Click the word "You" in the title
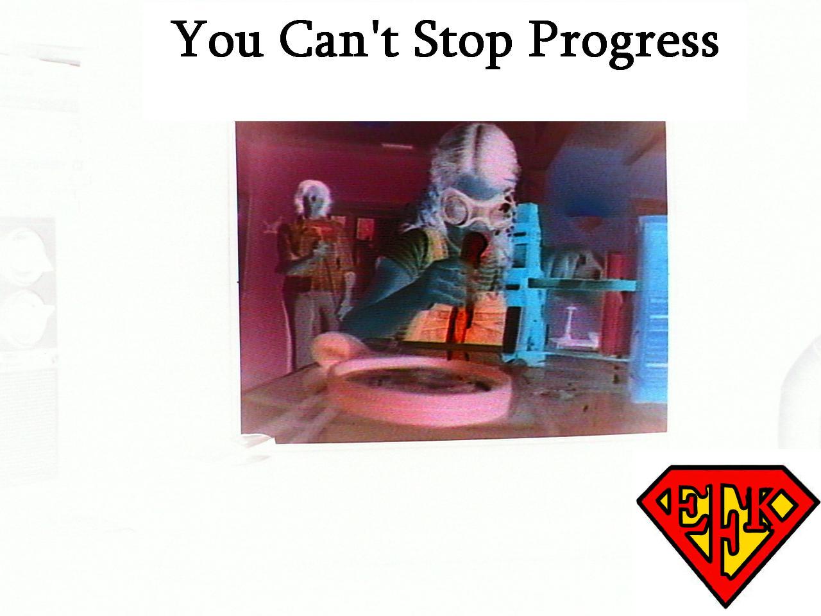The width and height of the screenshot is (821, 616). pyautogui.click(x=217, y=40)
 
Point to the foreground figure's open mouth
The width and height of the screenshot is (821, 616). pyautogui.click(x=474, y=249)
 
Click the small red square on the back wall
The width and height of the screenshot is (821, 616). pyautogui.click(x=366, y=228)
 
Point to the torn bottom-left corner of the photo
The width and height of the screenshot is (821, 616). pyautogui.click(x=258, y=439)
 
